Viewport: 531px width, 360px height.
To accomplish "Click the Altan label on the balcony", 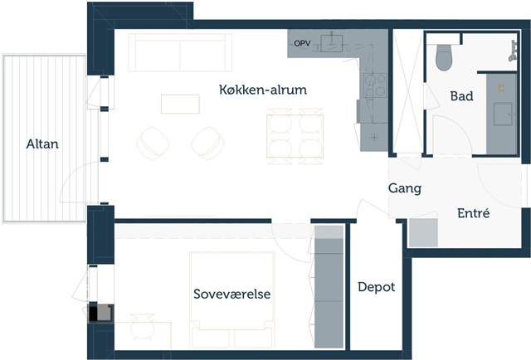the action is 42,144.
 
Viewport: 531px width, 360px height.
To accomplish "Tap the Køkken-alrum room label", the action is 263,90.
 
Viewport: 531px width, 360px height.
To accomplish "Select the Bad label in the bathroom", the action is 461,96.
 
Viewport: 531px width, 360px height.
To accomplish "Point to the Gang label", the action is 405,188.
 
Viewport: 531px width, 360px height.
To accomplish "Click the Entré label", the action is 473,213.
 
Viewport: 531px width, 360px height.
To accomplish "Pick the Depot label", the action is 376,287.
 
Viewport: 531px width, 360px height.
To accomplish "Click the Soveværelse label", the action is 232,294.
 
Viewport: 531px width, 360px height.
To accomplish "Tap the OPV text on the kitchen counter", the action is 302,43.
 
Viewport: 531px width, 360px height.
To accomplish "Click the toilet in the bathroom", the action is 444,57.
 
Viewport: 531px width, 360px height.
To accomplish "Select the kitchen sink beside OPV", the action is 331,43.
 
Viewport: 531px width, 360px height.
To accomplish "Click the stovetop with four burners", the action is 375,85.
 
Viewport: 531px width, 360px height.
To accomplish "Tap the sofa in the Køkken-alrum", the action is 180,52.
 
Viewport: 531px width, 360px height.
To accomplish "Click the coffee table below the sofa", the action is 180,104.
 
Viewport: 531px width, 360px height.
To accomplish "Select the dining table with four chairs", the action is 295,136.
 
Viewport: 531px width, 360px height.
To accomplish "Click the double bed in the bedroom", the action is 232,299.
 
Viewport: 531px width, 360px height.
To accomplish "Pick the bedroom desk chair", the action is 143,327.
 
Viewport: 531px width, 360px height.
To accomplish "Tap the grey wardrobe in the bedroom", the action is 329,287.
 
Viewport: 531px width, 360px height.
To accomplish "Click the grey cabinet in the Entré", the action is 423,232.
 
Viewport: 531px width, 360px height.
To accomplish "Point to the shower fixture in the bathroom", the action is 514,51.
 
